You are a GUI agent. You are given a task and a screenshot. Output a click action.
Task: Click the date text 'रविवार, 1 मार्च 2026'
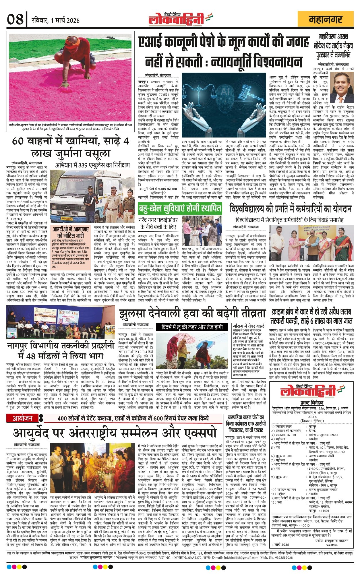click(56, 20)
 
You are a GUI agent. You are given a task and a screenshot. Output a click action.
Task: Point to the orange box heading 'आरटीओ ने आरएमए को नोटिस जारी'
click(70, 232)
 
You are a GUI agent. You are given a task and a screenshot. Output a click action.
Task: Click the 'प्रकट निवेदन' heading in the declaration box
click(311, 402)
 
